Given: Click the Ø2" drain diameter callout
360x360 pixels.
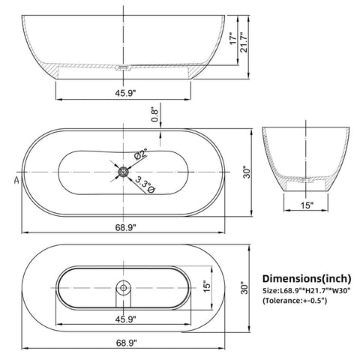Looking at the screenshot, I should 139,155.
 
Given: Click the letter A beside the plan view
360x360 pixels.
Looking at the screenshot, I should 16,180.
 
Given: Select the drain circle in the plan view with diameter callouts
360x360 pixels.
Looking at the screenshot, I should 122,172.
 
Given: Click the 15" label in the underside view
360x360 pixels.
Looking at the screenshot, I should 208,287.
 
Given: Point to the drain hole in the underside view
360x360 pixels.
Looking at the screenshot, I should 121,286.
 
